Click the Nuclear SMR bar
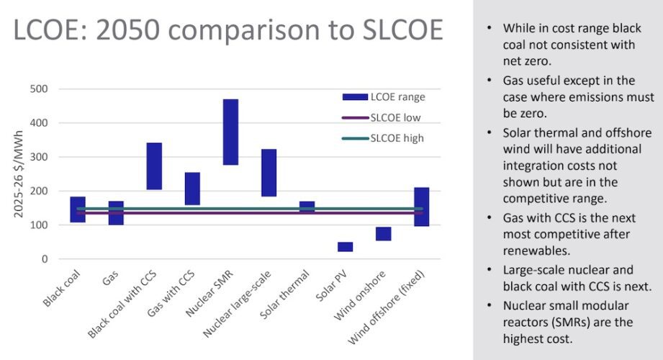pos(230,132)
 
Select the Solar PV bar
pos(346,247)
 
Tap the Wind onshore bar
pos(384,233)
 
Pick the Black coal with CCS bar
pos(154,166)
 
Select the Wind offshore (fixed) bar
pos(422,207)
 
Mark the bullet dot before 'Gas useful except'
pos(490,80)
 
